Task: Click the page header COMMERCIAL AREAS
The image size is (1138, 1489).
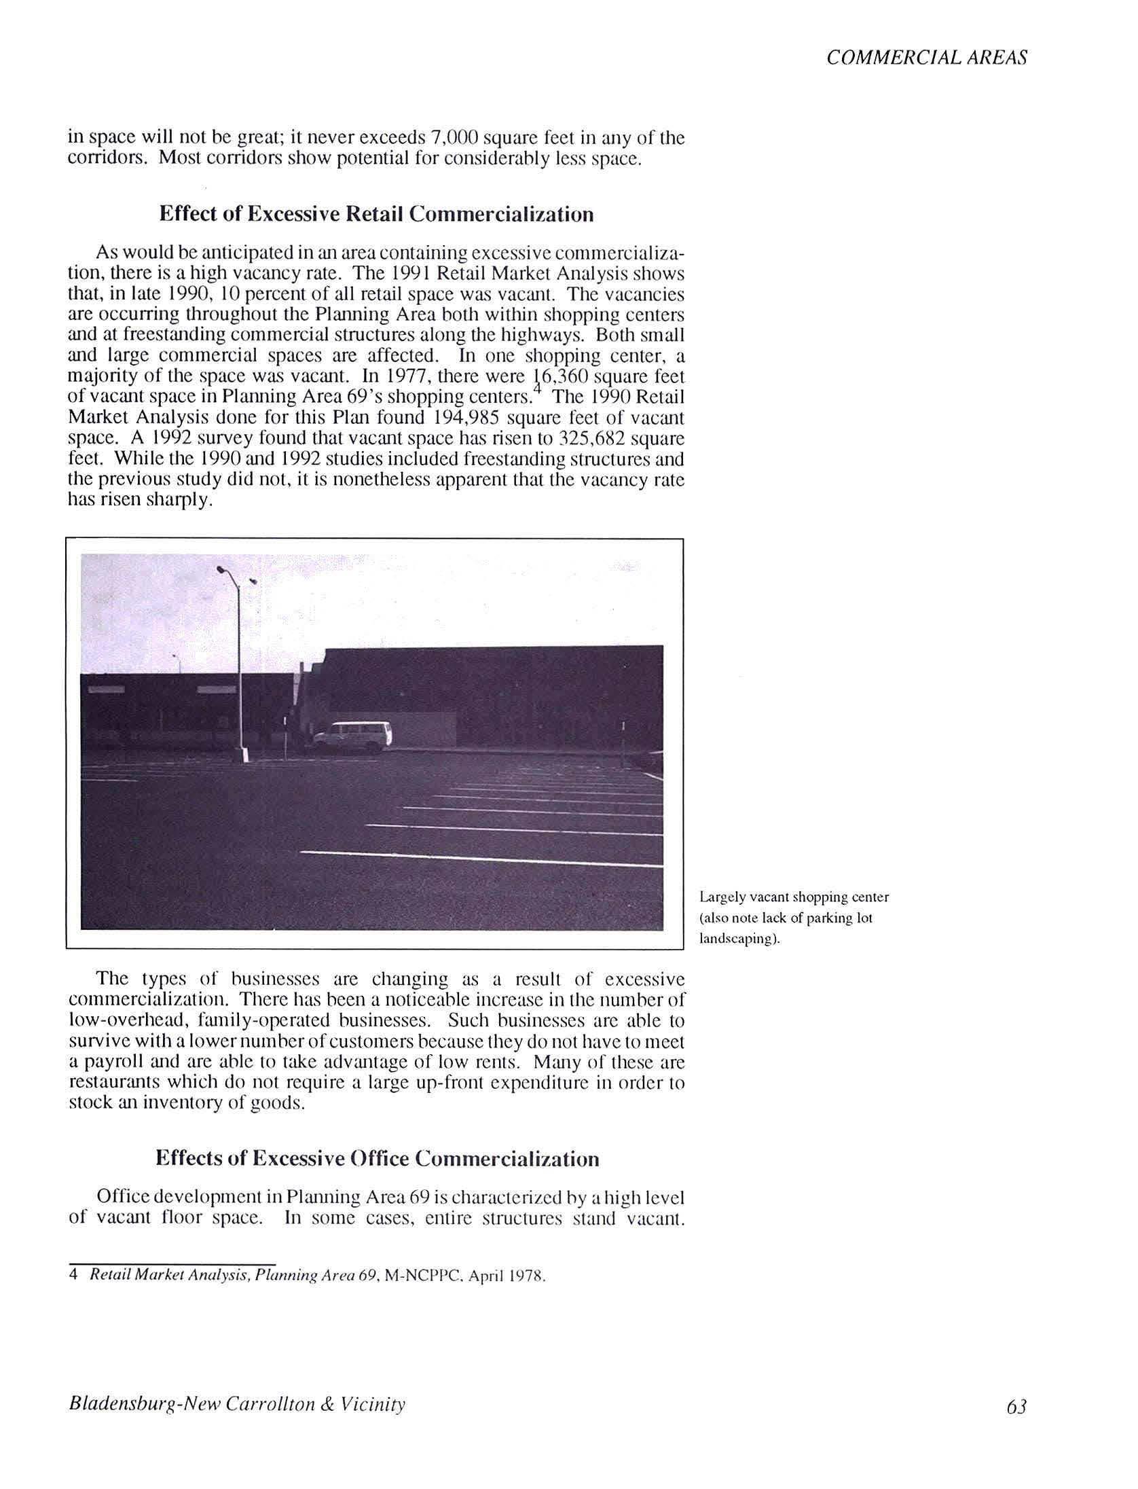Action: click(x=926, y=58)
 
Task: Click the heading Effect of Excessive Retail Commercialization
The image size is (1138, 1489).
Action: click(x=376, y=214)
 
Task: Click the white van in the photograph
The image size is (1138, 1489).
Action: click(x=353, y=736)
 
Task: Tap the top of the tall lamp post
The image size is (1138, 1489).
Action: click(x=222, y=571)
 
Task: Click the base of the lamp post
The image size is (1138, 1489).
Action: click(x=241, y=755)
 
